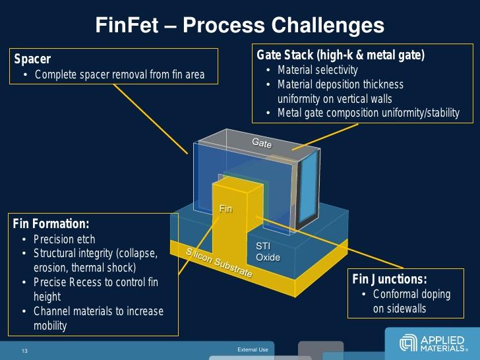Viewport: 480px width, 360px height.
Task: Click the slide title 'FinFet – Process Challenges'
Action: [x=240, y=25]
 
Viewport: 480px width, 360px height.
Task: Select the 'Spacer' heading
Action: [x=32, y=59]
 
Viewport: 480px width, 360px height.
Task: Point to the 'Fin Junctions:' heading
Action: [x=390, y=279]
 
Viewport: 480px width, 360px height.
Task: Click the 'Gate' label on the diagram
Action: [x=262, y=142]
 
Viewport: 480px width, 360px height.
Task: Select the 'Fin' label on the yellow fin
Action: [x=226, y=209]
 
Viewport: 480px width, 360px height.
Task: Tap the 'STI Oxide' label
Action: [x=268, y=251]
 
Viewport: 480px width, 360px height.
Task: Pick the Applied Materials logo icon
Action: [x=408, y=344]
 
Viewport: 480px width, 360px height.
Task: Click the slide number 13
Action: [x=24, y=349]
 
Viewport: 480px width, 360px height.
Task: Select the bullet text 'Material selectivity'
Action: [x=317, y=70]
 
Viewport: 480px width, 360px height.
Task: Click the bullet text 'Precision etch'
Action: [x=64, y=239]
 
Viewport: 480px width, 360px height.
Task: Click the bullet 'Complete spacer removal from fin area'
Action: [x=119, y=75]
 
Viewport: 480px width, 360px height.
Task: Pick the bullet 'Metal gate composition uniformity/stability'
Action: [x=368, y=113]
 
